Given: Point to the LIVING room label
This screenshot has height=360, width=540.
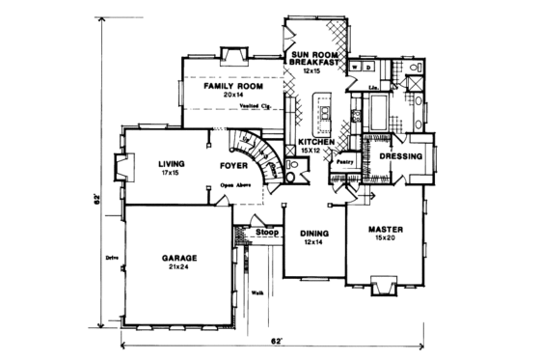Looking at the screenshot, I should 172,165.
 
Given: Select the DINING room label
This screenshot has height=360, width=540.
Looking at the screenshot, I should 313,232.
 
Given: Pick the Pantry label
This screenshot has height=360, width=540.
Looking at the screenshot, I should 342,163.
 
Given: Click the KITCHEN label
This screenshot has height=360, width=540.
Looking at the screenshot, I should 316,142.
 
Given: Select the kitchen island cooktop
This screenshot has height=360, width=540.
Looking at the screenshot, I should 325,114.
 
